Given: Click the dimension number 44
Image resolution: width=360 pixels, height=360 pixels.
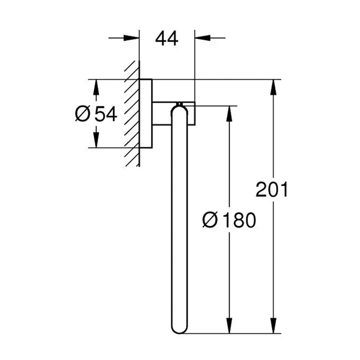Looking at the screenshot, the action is point(167,39).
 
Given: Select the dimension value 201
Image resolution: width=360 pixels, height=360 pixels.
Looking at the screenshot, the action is point(271,189).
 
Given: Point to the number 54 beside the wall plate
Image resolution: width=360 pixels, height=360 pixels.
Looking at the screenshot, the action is point(105,114).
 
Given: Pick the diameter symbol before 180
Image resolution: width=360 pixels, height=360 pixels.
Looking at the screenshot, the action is point(210,220).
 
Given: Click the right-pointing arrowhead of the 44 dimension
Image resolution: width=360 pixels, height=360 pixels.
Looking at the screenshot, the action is point(131,38).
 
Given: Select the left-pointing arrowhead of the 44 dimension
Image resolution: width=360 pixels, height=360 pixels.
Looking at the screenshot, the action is point(203,38).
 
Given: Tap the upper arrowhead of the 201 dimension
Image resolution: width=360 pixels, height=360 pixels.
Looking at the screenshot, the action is point(273,87).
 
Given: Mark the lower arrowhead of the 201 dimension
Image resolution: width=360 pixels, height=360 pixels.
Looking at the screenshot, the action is point(273,325).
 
